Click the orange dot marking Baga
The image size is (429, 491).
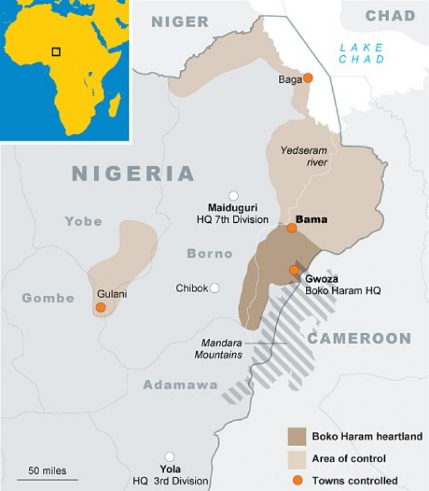308,78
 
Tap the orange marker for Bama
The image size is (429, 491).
292,228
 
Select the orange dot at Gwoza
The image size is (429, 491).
294,270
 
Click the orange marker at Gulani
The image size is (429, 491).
101,307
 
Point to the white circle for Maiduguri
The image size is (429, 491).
233,195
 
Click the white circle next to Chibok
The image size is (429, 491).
214,288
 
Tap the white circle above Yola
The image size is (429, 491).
169,457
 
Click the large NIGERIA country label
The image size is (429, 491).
133,174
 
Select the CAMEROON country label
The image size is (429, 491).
359,338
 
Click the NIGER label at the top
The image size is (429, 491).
180,22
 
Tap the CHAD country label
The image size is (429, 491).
390,16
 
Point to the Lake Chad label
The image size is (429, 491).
362,53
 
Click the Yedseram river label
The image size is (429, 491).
304,157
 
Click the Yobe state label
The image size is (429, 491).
83,222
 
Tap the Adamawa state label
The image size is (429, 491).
180,385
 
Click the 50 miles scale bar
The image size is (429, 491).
47,477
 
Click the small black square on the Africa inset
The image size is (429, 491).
56,52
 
